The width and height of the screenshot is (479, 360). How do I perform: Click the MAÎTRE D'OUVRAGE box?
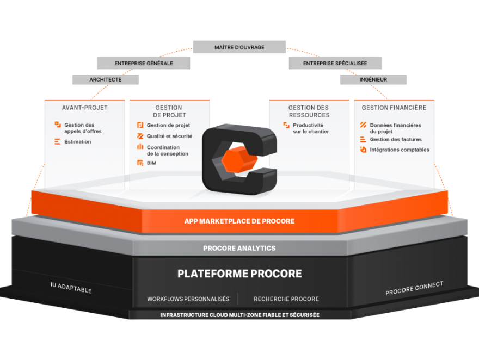point(239,47)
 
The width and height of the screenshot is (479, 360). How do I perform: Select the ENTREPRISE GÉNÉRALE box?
point(144,63)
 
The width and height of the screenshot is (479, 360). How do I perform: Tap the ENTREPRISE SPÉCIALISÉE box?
point(335,63)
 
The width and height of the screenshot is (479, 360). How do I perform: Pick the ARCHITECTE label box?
point(106,79)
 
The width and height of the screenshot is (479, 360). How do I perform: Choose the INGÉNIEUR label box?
point(373,79)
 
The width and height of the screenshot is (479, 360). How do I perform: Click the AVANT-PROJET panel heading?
point(84,108)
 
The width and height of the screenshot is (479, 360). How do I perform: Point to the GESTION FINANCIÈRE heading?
point(394,108)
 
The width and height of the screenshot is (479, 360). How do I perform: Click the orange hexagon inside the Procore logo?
point(239,159)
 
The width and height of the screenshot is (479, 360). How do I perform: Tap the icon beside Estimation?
point(58,141)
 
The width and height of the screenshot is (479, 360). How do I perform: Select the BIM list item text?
point(151,163)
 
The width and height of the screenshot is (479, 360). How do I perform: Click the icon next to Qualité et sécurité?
point(140,136)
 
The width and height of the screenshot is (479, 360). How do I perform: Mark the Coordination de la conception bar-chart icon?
point(140,147)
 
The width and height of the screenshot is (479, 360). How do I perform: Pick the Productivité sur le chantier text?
point(311,128)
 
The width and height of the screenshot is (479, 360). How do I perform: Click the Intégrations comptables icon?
point(363,150)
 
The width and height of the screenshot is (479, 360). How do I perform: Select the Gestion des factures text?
point(396,139)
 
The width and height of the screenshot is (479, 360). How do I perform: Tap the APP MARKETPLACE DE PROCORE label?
point(239,221)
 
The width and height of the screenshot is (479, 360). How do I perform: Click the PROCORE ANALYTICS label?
point(239,249)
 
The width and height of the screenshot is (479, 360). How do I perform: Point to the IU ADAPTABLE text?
point(71,288)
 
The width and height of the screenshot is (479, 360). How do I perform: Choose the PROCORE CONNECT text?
point(414,288)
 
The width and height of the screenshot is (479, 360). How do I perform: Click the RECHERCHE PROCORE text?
point(286,299)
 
